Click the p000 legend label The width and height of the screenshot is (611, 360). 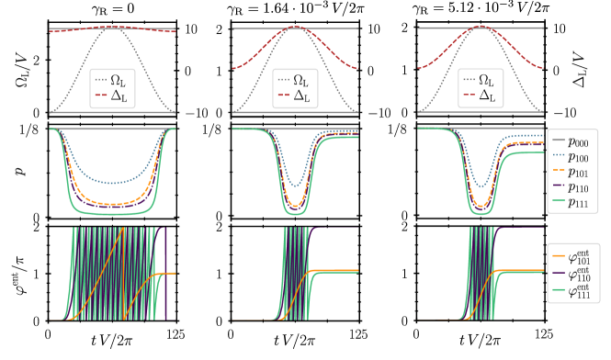pos(579,141)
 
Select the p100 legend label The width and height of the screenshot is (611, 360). pos(579,156)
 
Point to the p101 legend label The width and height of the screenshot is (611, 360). pos(579,172)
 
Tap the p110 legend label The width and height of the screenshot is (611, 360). pos(579,186)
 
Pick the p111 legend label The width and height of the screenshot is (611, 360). pos(579,202)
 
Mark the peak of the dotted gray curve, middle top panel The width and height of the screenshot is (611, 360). pos(295,27)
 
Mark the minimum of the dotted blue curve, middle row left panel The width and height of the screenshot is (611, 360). pos(112,183)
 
